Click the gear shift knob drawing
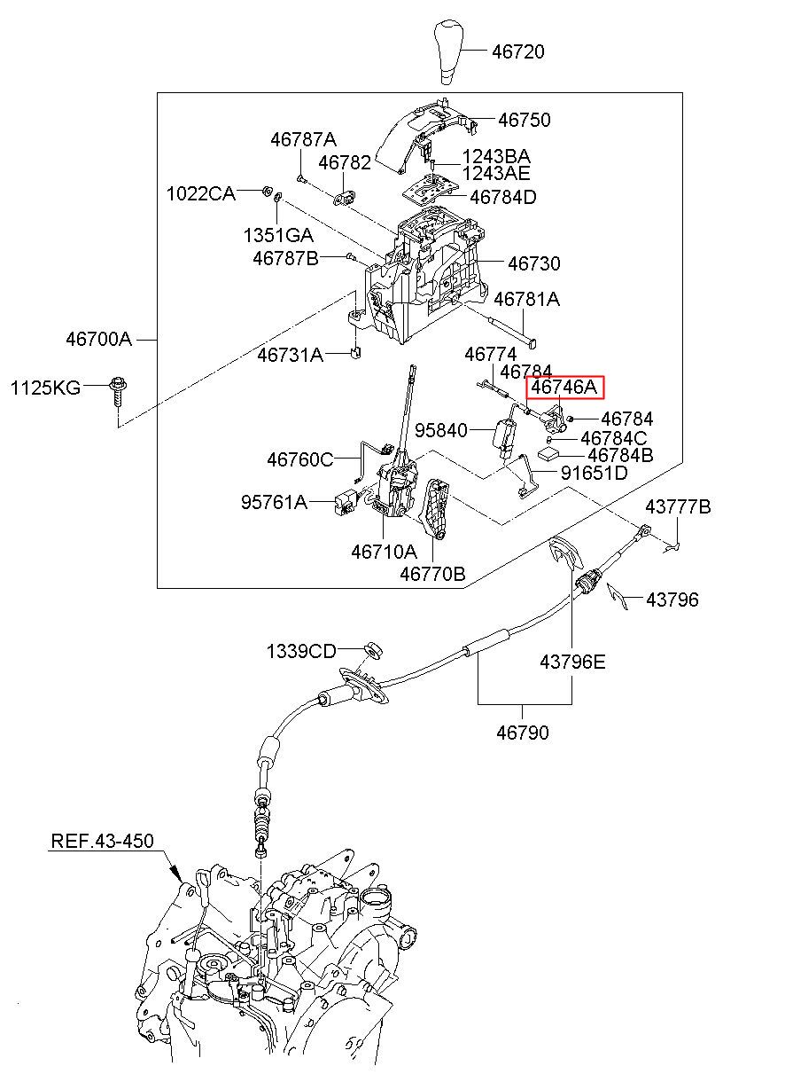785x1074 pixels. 449,51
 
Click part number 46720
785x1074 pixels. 517,51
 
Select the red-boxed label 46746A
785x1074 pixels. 565,387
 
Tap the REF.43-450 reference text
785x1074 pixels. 102,841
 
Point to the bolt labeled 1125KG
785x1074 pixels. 117,391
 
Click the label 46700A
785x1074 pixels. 98,340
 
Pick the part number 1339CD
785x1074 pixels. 301,651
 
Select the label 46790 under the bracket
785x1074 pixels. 523,733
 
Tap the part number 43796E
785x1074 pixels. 572,662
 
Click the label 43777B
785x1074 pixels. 678,506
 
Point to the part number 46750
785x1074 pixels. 525,120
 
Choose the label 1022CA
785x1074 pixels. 201,193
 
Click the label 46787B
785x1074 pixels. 285,258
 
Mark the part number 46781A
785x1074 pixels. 526,299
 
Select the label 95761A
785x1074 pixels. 274,502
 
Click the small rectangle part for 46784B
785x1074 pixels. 550,453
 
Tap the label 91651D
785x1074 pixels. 594,474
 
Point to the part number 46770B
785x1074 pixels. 432,574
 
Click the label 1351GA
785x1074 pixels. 278,235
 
